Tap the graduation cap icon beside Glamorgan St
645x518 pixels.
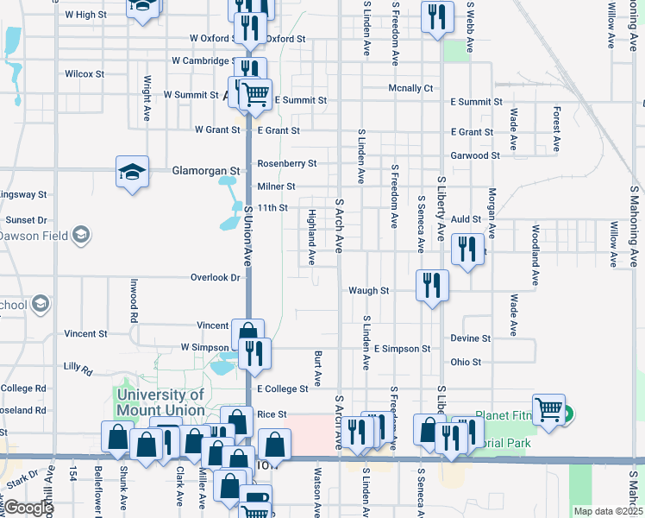pos(133,171)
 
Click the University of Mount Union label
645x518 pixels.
pos(161,402)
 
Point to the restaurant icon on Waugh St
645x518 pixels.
pos(430,286)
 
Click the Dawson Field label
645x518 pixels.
pos(34,235)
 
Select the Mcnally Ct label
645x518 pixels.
pos(410,88)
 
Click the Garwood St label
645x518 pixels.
pos(475,155)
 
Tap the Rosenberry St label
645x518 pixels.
pos(287,163)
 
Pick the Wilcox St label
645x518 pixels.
pos(84,74)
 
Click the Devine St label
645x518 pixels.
pos(470,338)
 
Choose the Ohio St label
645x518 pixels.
pos(466,362)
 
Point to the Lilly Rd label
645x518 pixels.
pos(78,367)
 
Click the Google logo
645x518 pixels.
pos(28,508)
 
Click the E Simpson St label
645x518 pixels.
pos(402,349)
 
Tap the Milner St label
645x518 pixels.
pos(276,186)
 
